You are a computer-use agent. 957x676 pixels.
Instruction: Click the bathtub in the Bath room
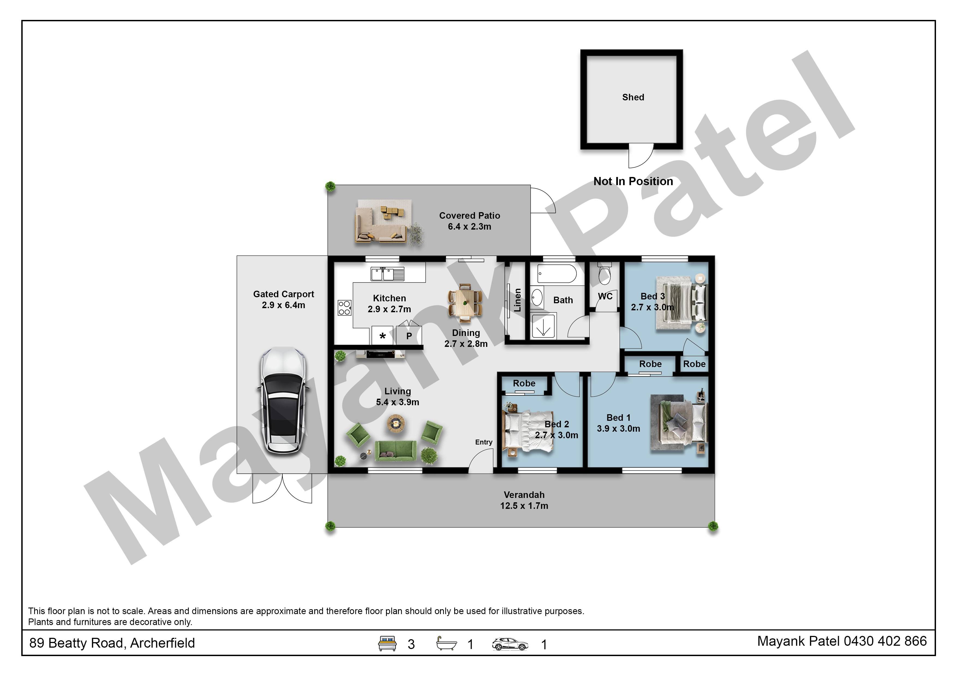click(x=557, y=274)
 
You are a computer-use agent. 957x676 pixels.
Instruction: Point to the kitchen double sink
click(x=388, y=274)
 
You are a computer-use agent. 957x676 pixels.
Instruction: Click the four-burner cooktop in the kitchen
click(x=344, y=307)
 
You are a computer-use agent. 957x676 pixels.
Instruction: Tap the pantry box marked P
click(x=409, y=335)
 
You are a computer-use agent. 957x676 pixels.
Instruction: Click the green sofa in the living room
click(x=395, y=451)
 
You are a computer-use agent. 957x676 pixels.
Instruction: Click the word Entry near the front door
click(x=483, y=442)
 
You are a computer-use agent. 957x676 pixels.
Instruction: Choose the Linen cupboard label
click(x=517, y=300)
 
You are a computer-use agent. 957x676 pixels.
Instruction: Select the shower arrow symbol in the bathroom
click(x=543, y=328)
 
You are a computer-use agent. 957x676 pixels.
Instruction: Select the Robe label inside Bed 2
click(x=524, y=383)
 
